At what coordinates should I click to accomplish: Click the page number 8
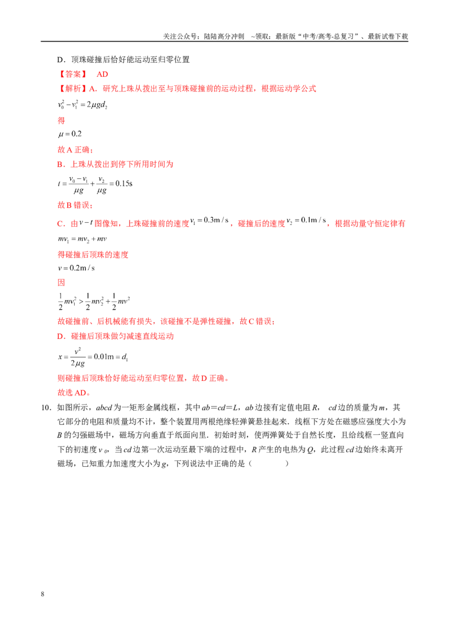point(43,593)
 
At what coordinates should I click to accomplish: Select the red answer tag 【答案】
point(73,74)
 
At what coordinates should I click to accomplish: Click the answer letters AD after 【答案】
point(102,74)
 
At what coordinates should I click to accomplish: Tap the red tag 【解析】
point(73,89)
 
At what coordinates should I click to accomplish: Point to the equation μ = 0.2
point(70,134)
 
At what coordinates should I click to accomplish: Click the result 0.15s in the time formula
point(124,183)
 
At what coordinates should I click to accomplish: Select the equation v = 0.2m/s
point(76,268)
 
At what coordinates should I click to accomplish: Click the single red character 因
point(61,282)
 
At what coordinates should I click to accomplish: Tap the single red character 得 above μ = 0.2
point(61,120)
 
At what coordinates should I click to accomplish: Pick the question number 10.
point(46,407)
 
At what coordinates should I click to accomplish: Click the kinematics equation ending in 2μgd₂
point(83,104)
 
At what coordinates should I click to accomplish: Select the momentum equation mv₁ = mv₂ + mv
point(83,239)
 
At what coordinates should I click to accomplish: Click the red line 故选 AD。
point(74,393)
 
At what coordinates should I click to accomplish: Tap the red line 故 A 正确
point(75,149)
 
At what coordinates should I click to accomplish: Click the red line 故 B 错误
point(75,205)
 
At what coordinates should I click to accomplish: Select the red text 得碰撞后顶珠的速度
point(93,254)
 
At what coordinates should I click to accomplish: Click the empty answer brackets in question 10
point(269,463)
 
